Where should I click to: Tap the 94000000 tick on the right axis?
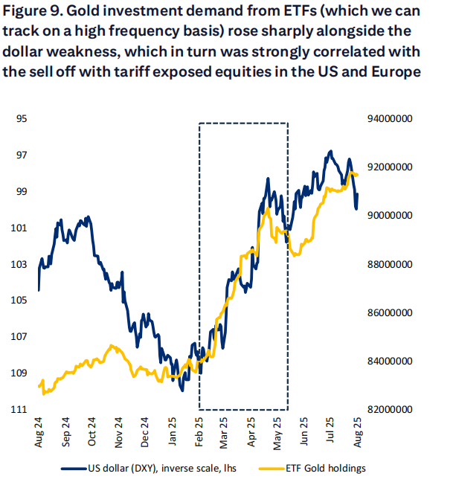click(391, 119)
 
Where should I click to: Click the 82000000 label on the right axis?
click(391, 410)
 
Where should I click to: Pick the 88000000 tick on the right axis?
click(391, 264)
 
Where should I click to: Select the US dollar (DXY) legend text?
click(150, 469)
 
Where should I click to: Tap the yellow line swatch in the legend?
click(271, 469)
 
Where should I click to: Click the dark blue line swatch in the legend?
click(71, 469)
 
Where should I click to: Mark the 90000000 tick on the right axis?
click(391, 216)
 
